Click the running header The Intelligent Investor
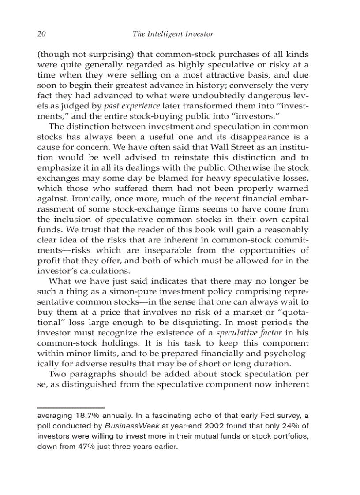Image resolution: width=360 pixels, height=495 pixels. [173, 34]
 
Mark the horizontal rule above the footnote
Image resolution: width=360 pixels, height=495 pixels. [71, 408]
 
